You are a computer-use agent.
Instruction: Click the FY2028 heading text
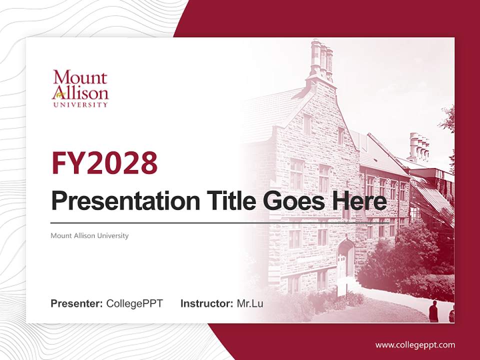pyautogui.click(x=104, y=163)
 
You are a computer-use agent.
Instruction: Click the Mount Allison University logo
pyautogui.click(x=80, y=88)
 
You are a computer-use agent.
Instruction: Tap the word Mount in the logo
pyautogui.click(x=80, y=78)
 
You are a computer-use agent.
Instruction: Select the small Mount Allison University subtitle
pyautogui.click(x=89, y=235)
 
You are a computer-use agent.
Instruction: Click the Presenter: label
pyautogui.click(x=77, y=303)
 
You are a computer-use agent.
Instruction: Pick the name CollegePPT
pyautogui.click(x=134, y=303)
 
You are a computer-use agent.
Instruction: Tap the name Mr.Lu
pyautogui.click(x=250, y=303)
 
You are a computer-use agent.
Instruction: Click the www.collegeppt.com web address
pyautogui.click(x=415, y=345)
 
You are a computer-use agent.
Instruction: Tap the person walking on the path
pyautogui.click(x=433, y=311)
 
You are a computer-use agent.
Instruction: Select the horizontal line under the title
pyautogui.click(x=220, y=222)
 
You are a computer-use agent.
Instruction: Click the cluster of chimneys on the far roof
pyautogui.click(x=419, y=146)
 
